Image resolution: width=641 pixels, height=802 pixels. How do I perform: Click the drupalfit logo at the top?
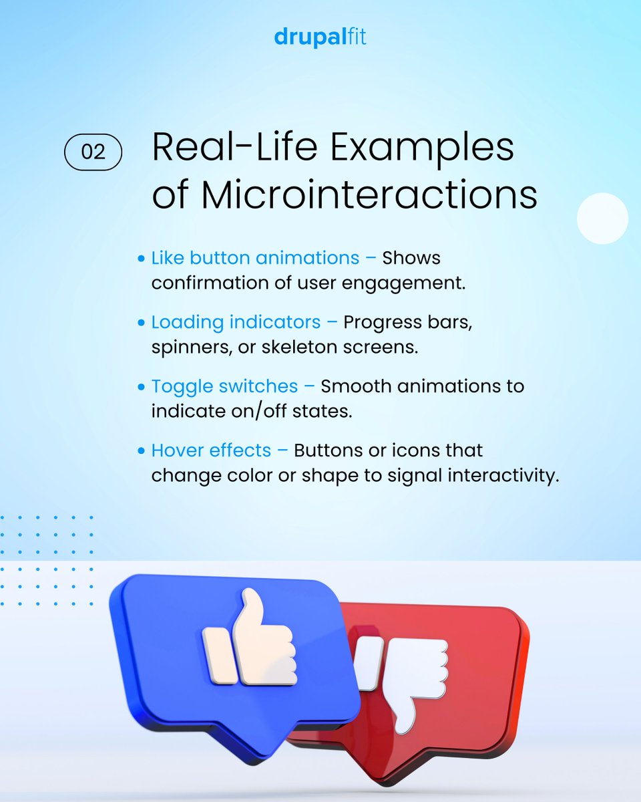[320, 37]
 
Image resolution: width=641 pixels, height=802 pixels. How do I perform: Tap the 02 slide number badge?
[93, 152]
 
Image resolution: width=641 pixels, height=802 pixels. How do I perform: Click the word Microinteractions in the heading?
[369, 195]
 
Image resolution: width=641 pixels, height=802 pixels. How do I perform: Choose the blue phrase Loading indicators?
[236, 322]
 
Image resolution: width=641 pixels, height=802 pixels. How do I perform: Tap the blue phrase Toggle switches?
[224, 386]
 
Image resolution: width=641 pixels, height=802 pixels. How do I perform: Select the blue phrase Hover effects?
[211, 450]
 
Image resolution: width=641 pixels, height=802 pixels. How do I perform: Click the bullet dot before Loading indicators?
[141, 323]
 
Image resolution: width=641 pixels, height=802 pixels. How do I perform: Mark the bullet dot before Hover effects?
[141, 451]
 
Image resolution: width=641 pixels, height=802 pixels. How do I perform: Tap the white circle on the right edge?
[602, 219]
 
